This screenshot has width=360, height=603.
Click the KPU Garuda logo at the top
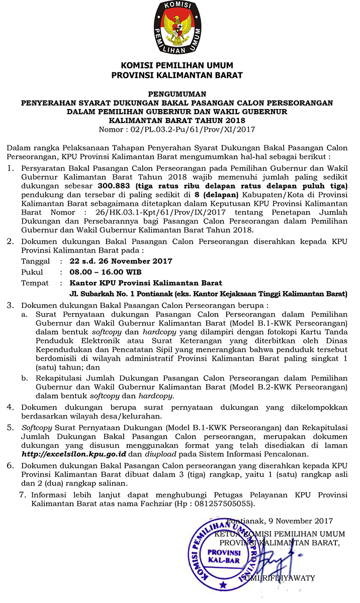179,28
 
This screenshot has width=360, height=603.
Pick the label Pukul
32,272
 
